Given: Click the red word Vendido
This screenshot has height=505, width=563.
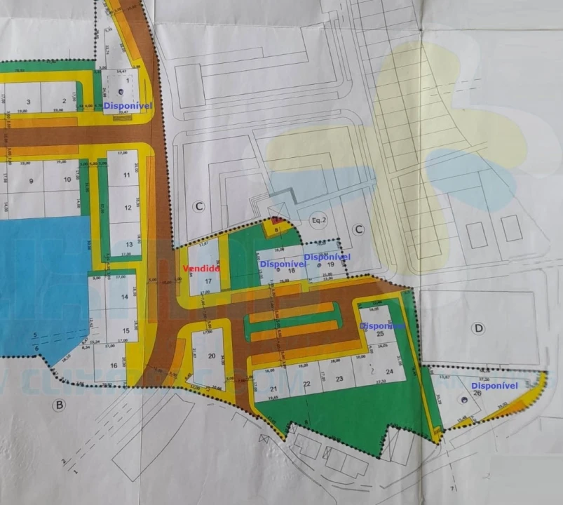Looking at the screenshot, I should click(x=202, y=268).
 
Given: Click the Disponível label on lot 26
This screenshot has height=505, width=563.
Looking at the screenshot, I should click(x=494, y=386).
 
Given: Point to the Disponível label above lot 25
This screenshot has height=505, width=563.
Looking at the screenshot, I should click(x=383, y=326).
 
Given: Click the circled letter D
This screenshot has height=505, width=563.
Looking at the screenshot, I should click(x=480, y=328).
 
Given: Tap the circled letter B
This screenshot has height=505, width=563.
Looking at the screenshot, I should click(x=60, y=405).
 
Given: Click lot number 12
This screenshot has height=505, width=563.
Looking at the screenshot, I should click(x=128, y=208).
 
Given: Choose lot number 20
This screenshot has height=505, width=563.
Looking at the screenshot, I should click(x=212, y=356).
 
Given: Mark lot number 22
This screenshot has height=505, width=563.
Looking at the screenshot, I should click(x=307, y=384).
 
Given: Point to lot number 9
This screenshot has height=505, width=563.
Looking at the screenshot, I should click(x=31, y=180).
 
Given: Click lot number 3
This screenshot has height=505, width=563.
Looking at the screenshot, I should click(x=28, y=101).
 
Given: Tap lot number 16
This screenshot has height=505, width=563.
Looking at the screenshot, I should click(x=114, y=365).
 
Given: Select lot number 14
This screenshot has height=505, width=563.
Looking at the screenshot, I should click(x=125, y=297).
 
